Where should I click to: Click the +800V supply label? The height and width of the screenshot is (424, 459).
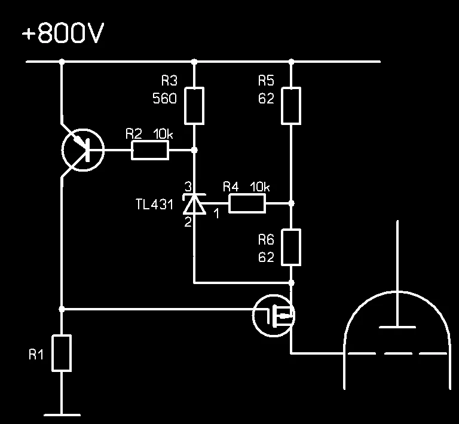pyautogui.click(x=63, y=34)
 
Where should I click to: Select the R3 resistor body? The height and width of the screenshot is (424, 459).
pyautogui.click(x=194, y=106)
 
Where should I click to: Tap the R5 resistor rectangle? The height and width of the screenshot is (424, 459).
pyautogui.click(x=291, y=106)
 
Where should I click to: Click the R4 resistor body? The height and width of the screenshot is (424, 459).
pyautogui.click(x=247, y=203)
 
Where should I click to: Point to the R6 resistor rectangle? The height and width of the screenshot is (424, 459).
pyautogui.click(x=291, y=247)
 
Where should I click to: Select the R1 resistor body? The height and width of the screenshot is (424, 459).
pyautogui.click(x=62, y=353)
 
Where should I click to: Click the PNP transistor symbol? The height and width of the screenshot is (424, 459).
pyautogui.click(x=83, y=150)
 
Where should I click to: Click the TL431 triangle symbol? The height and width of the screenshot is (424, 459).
pyautogui.click(x=194, y=205)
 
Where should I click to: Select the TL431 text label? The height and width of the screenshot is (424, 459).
pyautogui.click(x=154, y=205)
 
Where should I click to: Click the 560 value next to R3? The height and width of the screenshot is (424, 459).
pyautogui.click(x=165, y=99)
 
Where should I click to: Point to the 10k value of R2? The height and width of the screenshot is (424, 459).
pyautogui.click(x=163, y=134)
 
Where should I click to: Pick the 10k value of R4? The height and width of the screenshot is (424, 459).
pyautogui.click(x=259, y=187)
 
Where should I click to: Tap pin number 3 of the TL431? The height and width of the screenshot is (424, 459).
pyautogui.click(x=187, y=187)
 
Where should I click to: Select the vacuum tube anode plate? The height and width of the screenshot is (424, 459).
pyautogui.click(x=397, y=326)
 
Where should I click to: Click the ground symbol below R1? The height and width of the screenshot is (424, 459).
pyautogui.click(x=62, y=414)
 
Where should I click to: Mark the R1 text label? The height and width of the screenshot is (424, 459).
pyautogui.click(x=36, y=355)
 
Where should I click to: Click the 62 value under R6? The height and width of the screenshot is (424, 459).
pyautogui.click(x=267, y=258)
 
